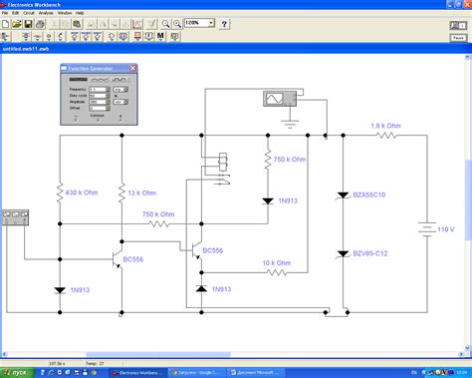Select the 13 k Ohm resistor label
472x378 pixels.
point(141,192)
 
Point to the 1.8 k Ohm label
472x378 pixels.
point(385,126)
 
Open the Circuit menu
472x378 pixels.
point(31,12)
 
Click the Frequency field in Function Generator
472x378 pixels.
point(99,89)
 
